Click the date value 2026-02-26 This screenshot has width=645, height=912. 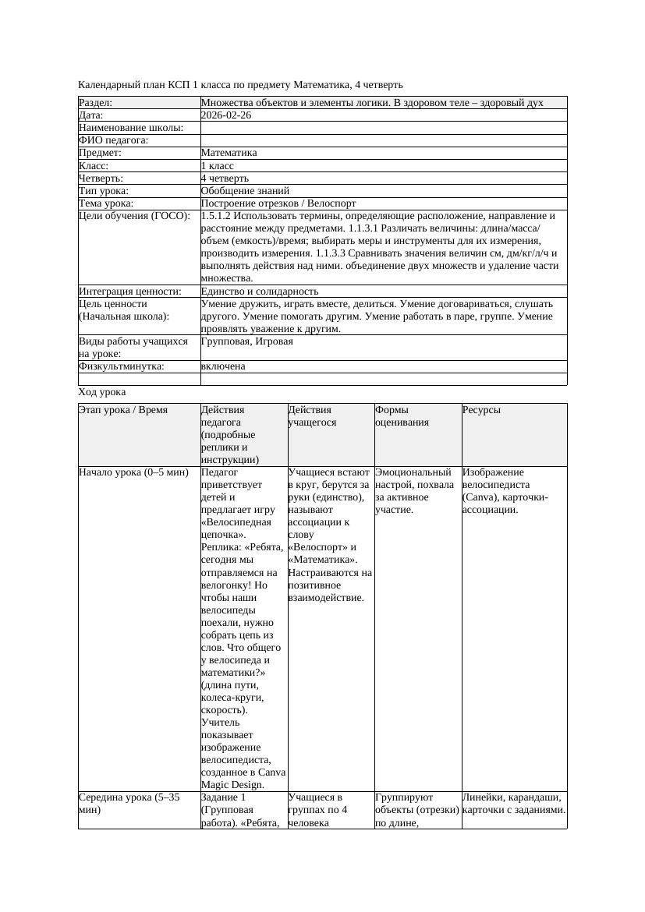(x=226, y=115)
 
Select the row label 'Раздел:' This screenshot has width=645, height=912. (x=96, y=103)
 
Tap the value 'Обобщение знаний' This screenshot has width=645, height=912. (x=245, y=191)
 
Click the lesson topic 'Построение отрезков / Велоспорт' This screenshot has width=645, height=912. (x=278, y=203)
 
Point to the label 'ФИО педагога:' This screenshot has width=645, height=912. (x=114, y=141)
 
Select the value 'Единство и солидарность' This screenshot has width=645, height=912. (x=260, y=292)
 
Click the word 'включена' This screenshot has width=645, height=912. (x=223, y=366)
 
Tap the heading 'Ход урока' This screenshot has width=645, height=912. (x=102, y=392)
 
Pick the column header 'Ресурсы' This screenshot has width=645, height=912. (x=481, y=410)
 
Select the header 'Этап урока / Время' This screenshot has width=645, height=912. (x=123, y=410)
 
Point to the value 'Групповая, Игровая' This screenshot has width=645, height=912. (x=247, y=341)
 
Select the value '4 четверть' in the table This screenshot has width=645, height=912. (x=225, y=179)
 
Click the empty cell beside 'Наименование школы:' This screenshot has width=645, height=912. (x=382, y=128)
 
